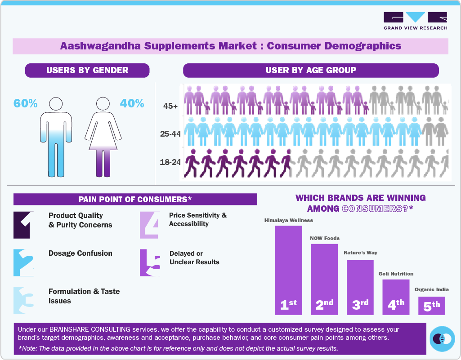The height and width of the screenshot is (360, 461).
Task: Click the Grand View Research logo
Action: (x=415, y=21)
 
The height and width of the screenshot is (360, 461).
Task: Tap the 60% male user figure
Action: (x=25, y=103)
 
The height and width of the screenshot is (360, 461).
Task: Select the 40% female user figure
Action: (x=132, y=103)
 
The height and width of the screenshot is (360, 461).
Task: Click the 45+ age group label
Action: (x=170, y=107)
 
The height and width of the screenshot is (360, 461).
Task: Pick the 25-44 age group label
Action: (x=170, y=134)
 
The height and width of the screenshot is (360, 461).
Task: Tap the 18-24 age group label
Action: (x=170, y=162)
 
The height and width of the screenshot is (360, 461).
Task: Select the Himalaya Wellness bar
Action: (x=288, y=270)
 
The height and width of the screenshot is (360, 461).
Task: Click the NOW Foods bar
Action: (x=324, y=279)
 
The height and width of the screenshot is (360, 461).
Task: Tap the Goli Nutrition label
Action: (x=396, y=274)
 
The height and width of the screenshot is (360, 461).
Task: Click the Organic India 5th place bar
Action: (x=432, y=306)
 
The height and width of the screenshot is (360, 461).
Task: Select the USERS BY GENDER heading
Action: (x=87, y=70)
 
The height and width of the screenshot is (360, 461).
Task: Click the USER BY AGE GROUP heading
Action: (x=311, y=70)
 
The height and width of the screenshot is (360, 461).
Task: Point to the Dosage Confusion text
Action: (x=81, y=253)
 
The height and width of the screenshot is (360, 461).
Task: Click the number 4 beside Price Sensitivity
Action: (x=149, y=225)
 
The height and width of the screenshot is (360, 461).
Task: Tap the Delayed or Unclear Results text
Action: (x=194, y=258)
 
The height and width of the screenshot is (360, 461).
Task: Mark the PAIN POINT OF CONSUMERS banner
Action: (x=135, y=199)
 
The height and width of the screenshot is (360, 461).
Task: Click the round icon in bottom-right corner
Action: (x=442, y=339)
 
